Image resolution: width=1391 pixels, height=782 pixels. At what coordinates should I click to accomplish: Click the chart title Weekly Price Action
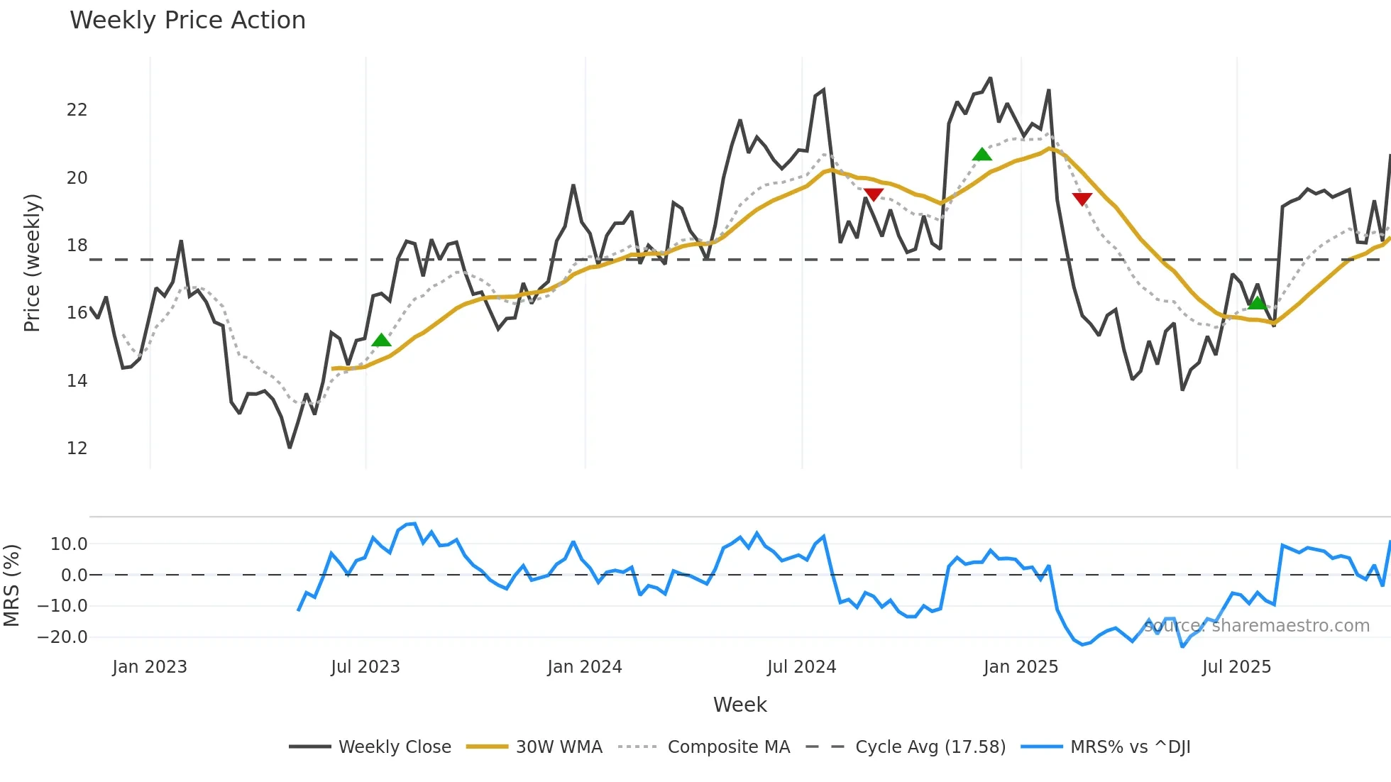point(187,21)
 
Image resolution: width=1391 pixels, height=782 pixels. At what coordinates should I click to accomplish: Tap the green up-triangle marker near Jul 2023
point(381,341)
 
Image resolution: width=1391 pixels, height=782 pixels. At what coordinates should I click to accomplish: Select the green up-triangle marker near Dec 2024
point(982,155)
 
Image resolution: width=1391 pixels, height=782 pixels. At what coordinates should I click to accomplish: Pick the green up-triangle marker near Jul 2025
point(1257,304)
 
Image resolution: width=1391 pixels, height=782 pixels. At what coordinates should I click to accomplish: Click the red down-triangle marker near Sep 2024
point(874,194)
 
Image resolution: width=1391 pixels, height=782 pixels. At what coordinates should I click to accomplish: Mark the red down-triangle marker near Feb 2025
point(1082,199)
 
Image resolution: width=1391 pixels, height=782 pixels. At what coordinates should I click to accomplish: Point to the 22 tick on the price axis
point(77,110)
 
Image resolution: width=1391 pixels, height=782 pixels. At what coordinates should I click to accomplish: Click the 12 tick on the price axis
point(77,448)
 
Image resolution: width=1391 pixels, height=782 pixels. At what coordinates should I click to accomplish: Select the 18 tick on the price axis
point(77,246)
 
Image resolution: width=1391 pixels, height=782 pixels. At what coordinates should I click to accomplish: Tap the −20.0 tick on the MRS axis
point(62,637)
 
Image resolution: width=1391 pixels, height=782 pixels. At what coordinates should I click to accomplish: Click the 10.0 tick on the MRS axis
point(68,544)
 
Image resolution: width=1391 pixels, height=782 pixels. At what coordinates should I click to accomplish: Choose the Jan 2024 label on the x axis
point(584,667)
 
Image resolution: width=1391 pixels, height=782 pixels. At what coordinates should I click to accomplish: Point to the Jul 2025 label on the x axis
point(1236,667)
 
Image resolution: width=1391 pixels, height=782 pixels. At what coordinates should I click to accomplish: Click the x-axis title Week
point(740,705)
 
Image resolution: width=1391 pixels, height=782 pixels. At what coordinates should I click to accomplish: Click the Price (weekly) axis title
point(32,263)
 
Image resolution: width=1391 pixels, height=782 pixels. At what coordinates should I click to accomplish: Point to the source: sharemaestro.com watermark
point(1256,626)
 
